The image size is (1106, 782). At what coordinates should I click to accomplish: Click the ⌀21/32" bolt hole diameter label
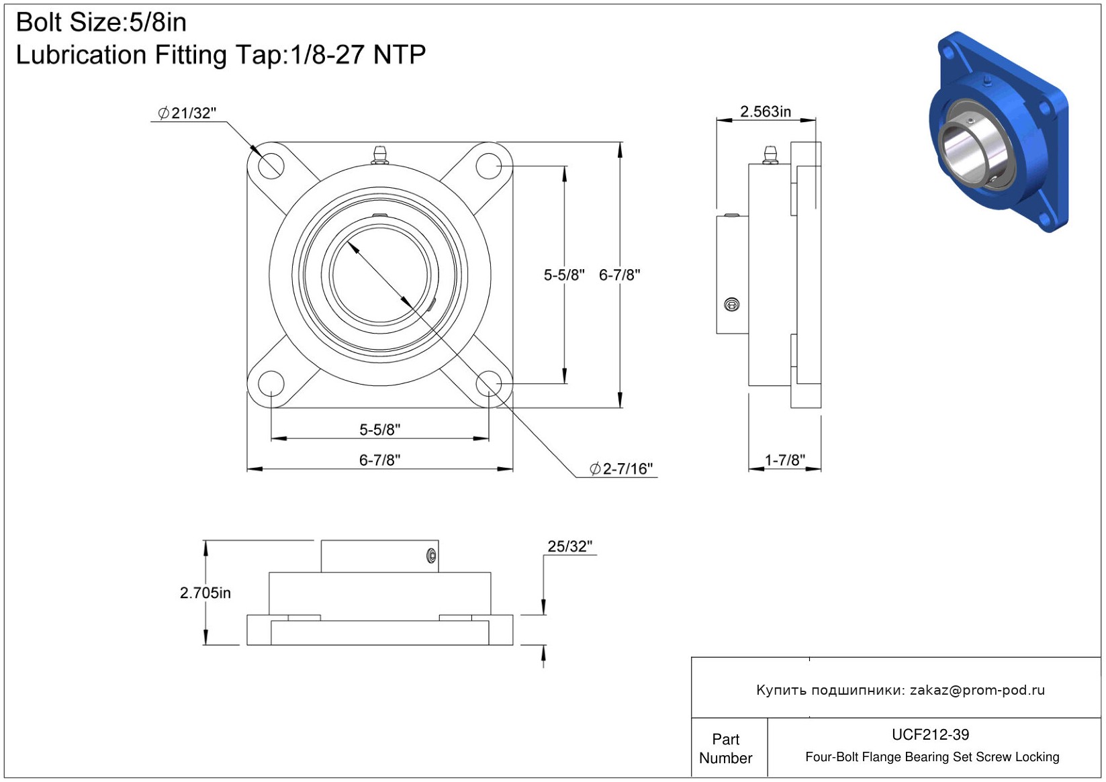[187, 113]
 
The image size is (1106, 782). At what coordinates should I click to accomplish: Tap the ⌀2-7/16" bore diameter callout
[621, 469]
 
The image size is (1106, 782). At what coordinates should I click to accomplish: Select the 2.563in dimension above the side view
[766, 111]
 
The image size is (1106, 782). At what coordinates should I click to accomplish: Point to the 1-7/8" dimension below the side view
[784, 460]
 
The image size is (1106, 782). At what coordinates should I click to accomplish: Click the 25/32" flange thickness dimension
[569, 546]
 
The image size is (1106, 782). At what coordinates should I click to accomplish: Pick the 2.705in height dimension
[205, 593]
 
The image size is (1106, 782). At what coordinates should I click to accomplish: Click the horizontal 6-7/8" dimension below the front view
[379, 460]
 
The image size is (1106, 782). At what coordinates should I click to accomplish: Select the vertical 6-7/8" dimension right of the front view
[619, 275]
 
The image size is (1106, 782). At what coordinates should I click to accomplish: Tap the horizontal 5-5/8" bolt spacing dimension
[379, 430]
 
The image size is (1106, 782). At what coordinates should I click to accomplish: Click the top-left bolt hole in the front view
[271, 166]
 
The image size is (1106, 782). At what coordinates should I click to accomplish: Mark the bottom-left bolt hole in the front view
[271, 383]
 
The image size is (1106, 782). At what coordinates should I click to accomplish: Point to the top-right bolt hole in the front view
[489, 166]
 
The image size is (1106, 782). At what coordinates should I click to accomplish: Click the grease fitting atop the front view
[379, 154]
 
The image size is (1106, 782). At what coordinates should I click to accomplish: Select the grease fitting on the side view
[770, 154]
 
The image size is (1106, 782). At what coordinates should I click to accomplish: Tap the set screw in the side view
[732, 305]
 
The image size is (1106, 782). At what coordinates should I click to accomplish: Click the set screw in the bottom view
[431, 556]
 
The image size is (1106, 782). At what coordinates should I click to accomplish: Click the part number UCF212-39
[930, 734]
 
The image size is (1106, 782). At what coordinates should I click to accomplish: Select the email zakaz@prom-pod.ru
[977, 689]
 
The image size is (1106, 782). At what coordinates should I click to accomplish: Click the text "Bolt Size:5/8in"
[101, 23]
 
